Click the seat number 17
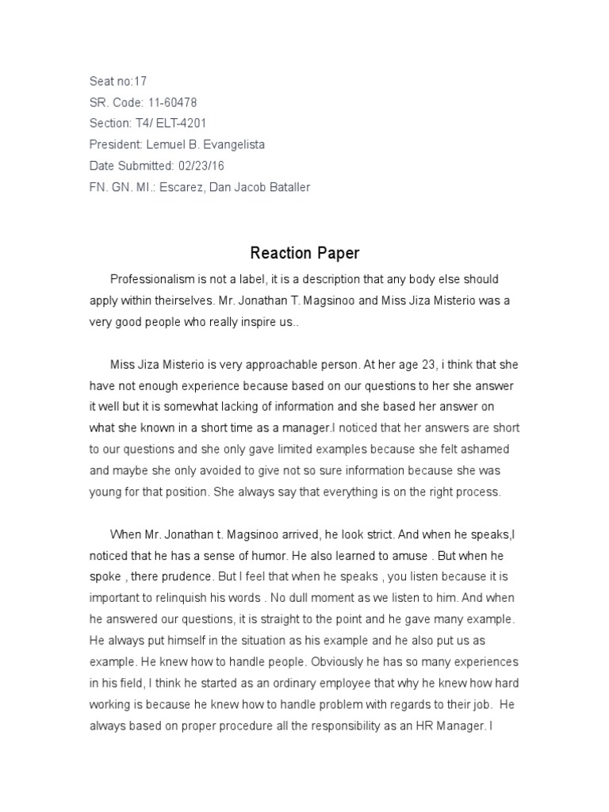(140, 81)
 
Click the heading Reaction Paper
(304, 254)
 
